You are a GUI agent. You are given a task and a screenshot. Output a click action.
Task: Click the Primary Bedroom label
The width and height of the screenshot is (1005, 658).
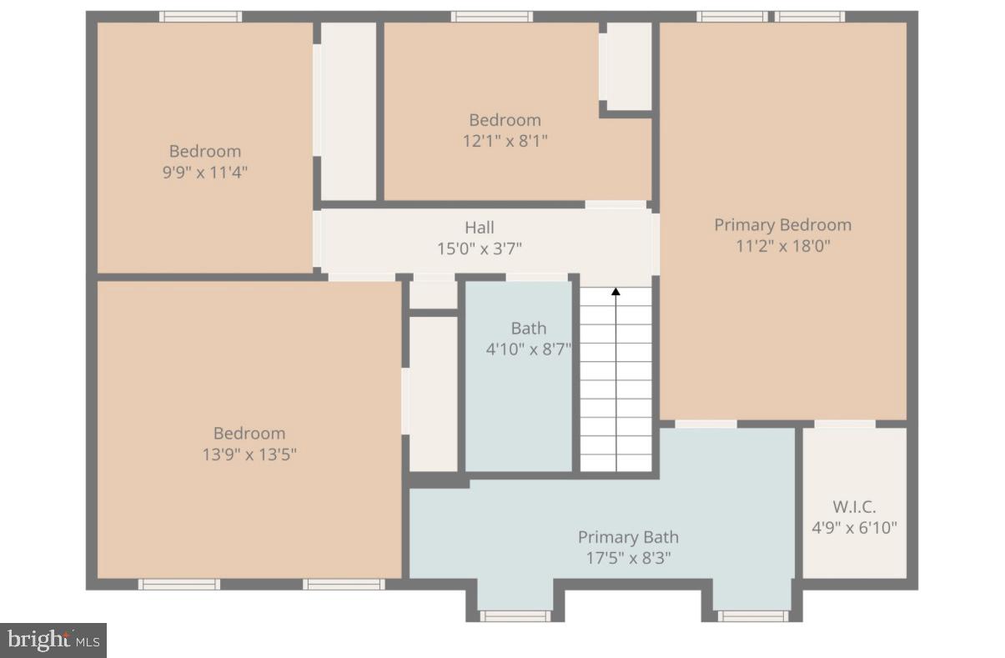click(782, 224)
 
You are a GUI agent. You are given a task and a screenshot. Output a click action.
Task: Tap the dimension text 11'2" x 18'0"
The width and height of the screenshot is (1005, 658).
click(782, 246)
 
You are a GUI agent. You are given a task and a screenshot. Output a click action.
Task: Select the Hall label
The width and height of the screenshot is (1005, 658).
click(479, 227)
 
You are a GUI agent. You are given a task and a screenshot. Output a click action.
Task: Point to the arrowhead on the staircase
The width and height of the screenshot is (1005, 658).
click(616, 292)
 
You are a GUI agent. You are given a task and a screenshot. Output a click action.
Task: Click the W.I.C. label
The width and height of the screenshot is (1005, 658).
click(854, 506)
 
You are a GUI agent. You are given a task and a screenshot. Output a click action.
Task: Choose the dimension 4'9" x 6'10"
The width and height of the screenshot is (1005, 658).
click(854, 527)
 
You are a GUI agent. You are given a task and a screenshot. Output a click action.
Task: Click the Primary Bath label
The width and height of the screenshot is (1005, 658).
click(628, 537)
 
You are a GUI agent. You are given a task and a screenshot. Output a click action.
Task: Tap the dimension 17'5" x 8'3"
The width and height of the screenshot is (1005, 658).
click(628, 558)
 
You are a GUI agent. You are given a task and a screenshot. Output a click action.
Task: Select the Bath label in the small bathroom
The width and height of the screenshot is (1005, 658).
click(529, 328)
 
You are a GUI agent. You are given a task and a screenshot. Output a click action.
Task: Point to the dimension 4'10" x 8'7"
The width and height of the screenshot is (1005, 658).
click(529, 349)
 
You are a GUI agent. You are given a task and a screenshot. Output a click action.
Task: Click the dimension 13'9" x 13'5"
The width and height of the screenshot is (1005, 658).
click(249, 455)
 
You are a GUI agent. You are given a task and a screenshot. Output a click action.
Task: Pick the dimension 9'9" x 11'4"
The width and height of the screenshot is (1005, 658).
click(205, 173)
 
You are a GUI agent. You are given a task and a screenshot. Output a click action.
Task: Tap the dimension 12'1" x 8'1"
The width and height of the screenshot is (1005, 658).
click(505, 141)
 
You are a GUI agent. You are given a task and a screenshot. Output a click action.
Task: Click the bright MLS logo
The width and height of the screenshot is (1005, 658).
click(53, 640)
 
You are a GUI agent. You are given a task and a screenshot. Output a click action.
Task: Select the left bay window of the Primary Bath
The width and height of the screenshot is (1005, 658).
click(515, 616)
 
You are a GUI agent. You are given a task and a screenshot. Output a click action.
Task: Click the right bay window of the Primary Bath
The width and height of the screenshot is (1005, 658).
click(752, 616)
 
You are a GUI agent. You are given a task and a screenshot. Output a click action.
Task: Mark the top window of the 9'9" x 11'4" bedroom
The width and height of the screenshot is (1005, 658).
click(200, 17)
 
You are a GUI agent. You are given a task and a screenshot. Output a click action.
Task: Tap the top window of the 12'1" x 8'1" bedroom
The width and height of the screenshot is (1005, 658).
click(491, 17)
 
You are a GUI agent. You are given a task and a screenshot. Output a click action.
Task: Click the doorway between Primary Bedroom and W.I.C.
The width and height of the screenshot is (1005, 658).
click(844, 424)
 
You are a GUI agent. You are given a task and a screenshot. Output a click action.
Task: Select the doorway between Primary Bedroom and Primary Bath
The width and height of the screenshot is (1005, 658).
click(706, 424)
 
